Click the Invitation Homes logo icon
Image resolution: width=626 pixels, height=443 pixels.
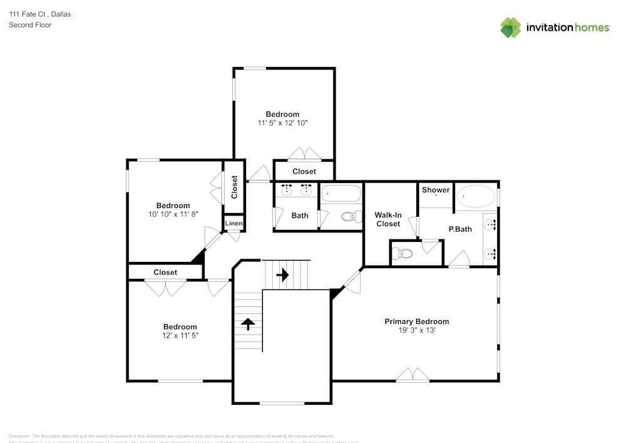tap(510, 28)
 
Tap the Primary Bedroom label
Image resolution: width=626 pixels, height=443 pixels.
tap(416, 321)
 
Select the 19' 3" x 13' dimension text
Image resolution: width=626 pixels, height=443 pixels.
tap(416, 330)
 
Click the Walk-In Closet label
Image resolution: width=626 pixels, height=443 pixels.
tap(387, 219)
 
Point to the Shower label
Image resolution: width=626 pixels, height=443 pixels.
tap(436, 190)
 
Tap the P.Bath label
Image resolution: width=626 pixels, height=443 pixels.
tap(460, 229)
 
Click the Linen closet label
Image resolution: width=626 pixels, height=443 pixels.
tap(233, 224)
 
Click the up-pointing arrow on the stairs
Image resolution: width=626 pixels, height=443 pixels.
tap(248, 323)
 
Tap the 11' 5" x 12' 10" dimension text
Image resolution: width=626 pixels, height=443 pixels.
tap(282, 123)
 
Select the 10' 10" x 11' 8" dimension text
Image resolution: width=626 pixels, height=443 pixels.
tap(173, 214)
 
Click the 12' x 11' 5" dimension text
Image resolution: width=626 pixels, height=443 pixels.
tap(180, 335)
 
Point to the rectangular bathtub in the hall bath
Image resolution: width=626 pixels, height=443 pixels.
tap(341, 195)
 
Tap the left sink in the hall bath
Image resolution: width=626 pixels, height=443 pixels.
tap(287, 190)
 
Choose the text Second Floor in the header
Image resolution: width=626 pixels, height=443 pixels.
tap(30, 25)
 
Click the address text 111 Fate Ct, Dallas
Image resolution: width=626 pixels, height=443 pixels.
tap(39, 14)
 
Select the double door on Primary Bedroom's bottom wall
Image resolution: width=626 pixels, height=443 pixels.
tap(413, 375)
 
